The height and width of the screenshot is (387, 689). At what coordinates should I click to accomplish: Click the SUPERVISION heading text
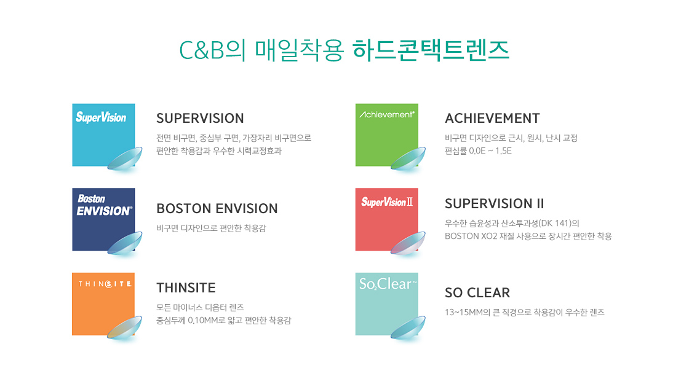pos(200,118)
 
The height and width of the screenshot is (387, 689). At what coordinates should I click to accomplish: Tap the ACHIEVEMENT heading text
pos(492,118)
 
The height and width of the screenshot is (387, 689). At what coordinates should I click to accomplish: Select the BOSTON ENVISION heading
pos(217,208)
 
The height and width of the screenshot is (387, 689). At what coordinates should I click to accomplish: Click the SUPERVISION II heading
pos(495,203)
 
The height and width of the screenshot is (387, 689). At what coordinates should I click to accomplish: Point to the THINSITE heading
pos(186,288)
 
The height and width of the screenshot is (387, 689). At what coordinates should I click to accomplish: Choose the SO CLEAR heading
pos(477,292)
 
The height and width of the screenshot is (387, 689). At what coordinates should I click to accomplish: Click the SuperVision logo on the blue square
pos(101,117)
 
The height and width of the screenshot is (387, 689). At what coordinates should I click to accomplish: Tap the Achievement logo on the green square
pos(387,114)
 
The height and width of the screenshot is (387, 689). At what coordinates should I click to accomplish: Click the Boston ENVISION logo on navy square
pos(104,205)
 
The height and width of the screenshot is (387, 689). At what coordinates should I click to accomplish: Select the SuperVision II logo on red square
pos(387,202)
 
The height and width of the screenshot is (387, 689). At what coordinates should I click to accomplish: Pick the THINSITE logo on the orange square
pos(105,284)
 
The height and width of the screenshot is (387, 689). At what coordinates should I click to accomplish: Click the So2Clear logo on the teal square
pos(387,284)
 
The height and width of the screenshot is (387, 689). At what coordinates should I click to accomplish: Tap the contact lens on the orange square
pos(124,328)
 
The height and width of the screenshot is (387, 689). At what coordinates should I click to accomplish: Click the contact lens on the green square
pos(408,159)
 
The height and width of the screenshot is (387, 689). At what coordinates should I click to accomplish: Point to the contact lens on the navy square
pos(125,243)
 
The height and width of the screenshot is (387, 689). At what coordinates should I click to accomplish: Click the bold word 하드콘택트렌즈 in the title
pos(431,50)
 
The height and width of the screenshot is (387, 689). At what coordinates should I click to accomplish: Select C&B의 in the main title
pos(212,50)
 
